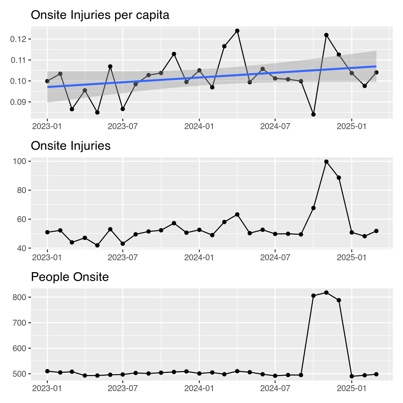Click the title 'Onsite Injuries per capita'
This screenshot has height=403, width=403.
point(100,15)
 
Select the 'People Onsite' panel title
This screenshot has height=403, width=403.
point(70,277)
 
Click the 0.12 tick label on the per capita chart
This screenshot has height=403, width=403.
point(19,39)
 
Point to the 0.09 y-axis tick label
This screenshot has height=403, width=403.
point(19,102)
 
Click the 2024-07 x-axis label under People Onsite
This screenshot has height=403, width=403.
point(275,388)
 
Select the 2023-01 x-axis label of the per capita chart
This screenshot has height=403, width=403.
point(47,126)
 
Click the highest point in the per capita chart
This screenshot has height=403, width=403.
point(237,31)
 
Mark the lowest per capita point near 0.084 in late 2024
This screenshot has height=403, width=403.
point(313,114)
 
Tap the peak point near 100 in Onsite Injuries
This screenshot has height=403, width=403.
point(326,162)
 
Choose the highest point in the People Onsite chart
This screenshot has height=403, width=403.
point(326,292)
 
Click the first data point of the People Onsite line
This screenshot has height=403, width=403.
point(47,371)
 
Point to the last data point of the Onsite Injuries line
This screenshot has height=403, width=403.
point(376,231)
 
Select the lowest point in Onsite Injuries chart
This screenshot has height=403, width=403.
point(97,246)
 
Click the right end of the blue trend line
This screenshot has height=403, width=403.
point(376,66)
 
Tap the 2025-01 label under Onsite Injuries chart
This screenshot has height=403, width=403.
point(351,257)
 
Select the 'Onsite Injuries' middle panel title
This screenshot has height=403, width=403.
point(71,146)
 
